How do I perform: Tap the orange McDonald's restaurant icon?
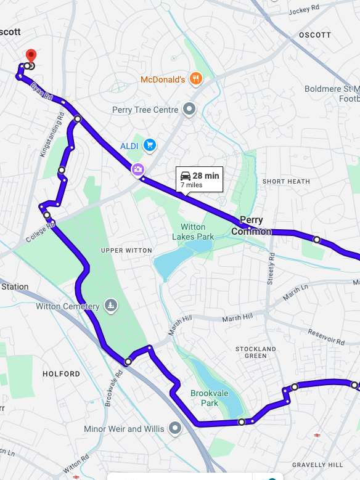[195, 78]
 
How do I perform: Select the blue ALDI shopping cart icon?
[149, 145]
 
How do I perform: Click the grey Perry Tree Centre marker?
[190, 110]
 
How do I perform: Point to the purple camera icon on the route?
[137, 168]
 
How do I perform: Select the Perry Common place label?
[251, 226]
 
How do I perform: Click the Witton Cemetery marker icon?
[110, 306]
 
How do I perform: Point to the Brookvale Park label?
[204, 398]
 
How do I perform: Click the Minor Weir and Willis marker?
[176, 428]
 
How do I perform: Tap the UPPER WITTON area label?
[126, 250]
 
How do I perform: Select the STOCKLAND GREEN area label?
[256, 352]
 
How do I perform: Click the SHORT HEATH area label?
[286, 181]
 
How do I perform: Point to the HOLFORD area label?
[61, 374]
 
